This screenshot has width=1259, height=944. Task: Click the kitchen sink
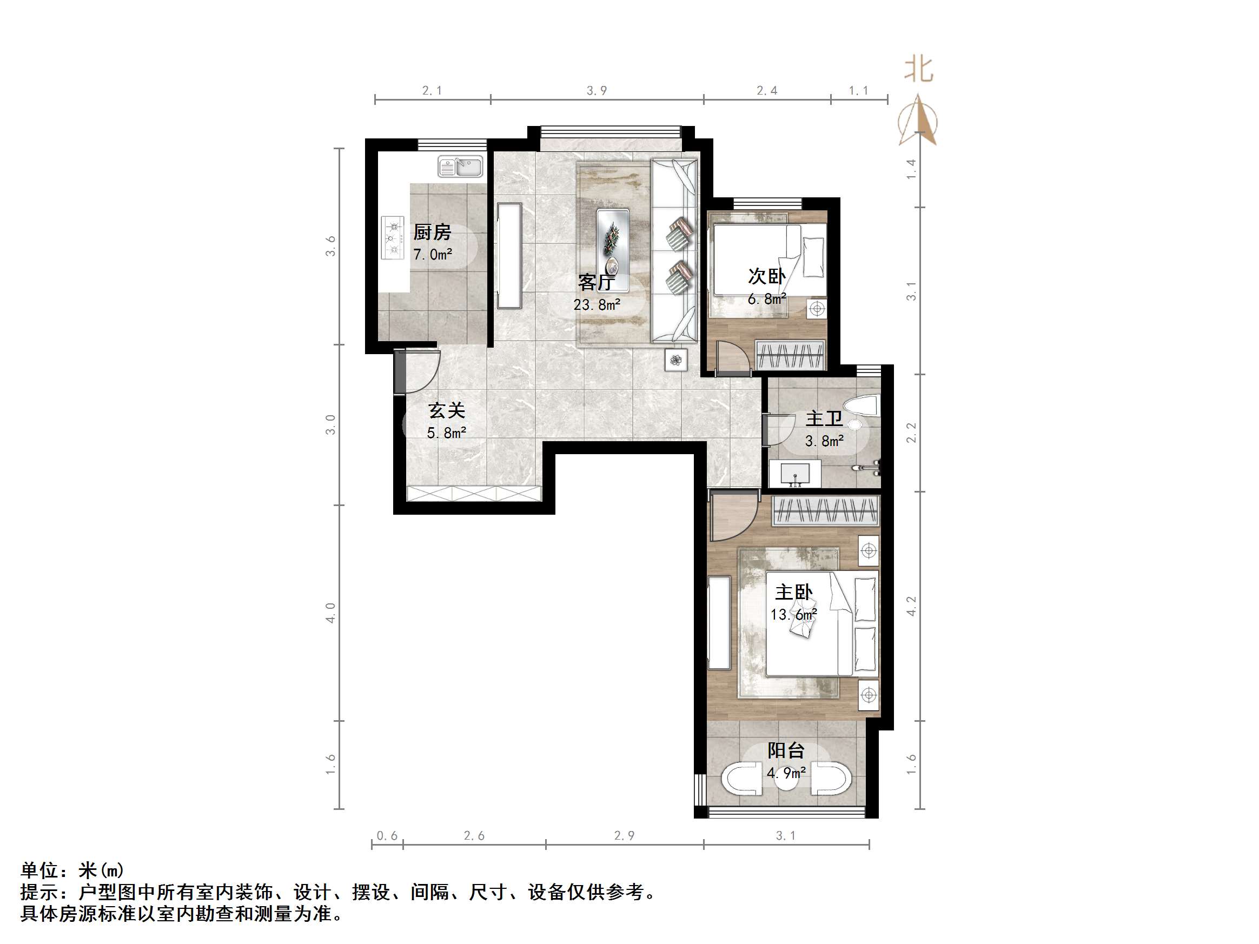coord(460,167)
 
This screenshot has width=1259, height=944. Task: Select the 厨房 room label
coord(432,232)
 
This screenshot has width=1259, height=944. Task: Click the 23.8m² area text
coord(597,305)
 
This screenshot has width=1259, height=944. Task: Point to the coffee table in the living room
coord(613,247)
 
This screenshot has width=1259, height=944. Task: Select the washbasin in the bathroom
coord(794,474)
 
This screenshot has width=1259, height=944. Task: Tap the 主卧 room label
coord(793,593)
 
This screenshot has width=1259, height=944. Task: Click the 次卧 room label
coord(767,276)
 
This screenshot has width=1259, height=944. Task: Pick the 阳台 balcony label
coord(786,750)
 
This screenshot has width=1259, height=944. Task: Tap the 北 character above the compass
coord(919,69)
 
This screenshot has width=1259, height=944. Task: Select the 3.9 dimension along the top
coord(597,90)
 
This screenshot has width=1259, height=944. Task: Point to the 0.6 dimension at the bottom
coord(387,836)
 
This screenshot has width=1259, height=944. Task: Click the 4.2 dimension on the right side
coord(912,606)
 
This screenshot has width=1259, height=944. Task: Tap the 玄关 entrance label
coord(447,410)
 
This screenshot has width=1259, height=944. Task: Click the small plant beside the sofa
coord(676,360)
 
